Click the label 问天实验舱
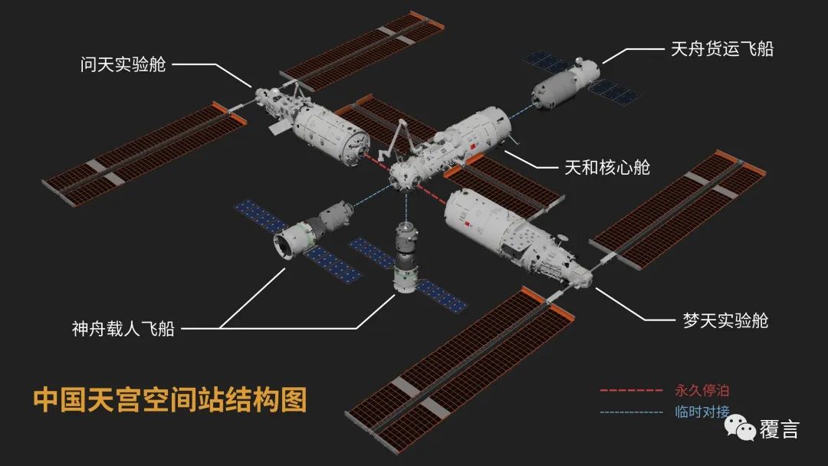[123, 64]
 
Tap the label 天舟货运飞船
[722, 49]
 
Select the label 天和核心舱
[606, 167]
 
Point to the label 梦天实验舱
[725, 320]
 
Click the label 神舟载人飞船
[123, 329]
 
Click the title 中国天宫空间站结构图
[170, 399]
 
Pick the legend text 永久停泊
[701, 391]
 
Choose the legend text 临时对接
[701, 412]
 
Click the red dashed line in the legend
[631, 391]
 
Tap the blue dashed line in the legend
[631, 412]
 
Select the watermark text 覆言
[780, 429]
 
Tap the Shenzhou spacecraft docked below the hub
[405, 257]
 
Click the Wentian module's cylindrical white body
[330, 134]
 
